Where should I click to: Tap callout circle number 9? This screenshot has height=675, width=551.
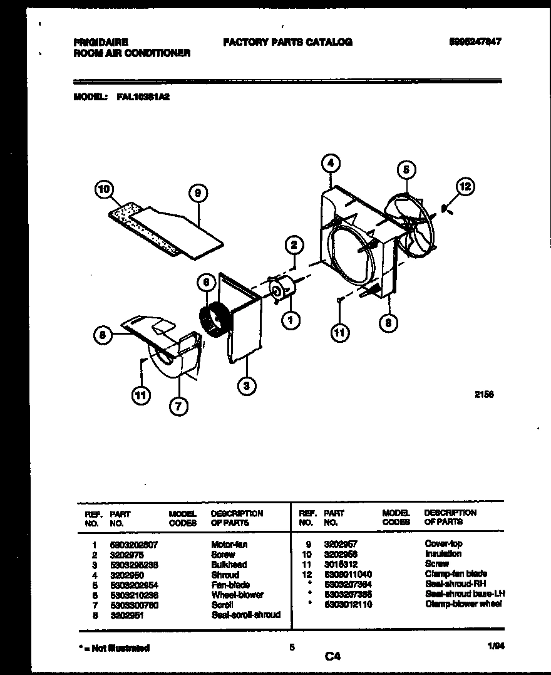[198, 193]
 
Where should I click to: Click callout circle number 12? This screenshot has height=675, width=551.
[465, 186]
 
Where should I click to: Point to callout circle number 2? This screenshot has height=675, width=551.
[293, 244]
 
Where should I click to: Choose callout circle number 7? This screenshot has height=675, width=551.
[178, 407]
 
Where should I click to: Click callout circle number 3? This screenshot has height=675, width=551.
[247, 387]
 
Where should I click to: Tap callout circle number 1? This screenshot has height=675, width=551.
[290, 320]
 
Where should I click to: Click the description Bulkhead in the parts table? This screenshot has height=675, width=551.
[229, 564]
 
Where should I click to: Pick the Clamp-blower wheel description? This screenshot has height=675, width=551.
[463, 604]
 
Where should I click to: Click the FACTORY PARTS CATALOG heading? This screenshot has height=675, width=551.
[287, 42]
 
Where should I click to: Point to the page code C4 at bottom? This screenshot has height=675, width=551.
[332, 656]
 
